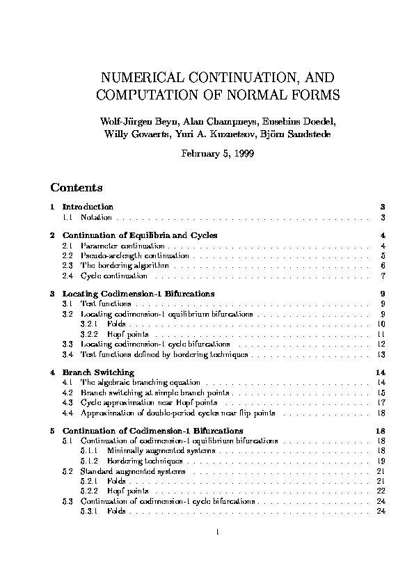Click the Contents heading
tap(77, 188)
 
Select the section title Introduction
tap(88, 207)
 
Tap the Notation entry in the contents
tap(94, 218)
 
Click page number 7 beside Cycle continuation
tap(383, 276)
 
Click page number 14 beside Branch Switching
tap(381, 372)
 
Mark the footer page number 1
tap(218, 534)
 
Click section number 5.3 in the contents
tap(67, 501)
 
